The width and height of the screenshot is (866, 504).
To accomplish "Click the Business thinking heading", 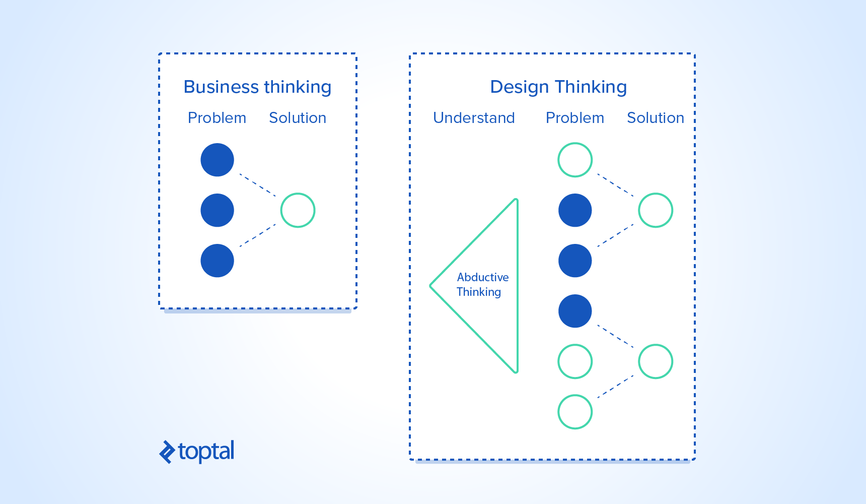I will tap(257, 87).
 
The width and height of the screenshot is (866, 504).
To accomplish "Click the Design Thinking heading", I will tap(558, 87).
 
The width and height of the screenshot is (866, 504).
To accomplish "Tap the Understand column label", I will tap(474, 118).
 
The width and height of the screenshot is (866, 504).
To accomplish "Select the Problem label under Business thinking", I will tap(217, 118).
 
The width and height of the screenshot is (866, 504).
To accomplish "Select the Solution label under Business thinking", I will tap(298, 118).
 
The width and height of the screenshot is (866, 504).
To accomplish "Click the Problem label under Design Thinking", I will tap(575, 118).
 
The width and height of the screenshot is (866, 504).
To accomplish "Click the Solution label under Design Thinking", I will tap(656, 118).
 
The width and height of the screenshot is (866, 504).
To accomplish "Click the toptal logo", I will tap(197, 451).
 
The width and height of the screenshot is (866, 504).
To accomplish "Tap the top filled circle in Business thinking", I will tap(217, 160).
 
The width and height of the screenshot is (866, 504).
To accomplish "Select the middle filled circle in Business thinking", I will tap(217, 210).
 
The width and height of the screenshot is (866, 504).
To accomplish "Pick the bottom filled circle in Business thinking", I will tap(217, 261).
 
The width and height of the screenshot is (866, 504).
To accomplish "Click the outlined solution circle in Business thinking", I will tap(298, 210).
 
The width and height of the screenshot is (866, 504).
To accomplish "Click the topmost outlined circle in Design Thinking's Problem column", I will tap(575, 160).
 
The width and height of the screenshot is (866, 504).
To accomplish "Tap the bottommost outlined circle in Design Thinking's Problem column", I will tap(575, 412).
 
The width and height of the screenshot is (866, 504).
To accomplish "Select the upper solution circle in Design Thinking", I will tap(656, 210).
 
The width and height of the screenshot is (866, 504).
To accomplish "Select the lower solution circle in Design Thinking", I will tap(656, 361).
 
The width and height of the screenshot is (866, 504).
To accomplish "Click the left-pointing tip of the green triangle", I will tap(431, 286).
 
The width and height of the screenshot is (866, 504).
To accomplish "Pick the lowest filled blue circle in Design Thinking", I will tap(575, 311).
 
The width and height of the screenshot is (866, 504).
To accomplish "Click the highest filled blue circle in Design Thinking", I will tap(575, 210).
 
